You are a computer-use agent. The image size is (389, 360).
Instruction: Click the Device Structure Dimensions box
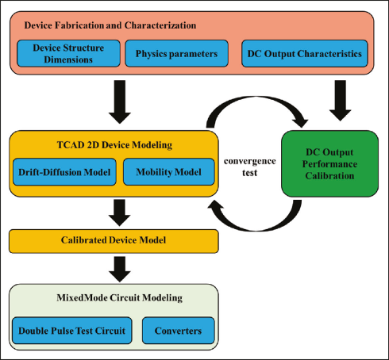[x=68, y=53]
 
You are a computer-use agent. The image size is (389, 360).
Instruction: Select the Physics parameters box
[x=176, y=53]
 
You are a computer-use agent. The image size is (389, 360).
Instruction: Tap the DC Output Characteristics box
[x=305, y=53]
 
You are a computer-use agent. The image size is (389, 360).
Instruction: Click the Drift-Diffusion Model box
[x=64, y=172]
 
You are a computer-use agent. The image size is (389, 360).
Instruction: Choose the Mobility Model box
[x=169, y=172]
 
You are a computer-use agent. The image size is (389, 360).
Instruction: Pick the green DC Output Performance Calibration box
[x=329, y=163]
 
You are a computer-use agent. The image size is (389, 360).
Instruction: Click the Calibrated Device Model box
[x=114, y=241]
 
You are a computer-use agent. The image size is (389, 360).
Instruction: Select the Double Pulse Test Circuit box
[x=72, y=331]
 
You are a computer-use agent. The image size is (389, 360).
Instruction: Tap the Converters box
[x=179, y=331]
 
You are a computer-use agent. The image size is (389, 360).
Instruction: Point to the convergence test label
[x=250, y=167]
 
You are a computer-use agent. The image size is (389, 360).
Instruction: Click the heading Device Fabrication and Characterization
[x=110, y=25]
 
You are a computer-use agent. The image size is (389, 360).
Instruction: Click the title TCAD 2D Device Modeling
[x=114, y=145]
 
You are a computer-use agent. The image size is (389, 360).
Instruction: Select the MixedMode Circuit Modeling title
[x=119, y=298]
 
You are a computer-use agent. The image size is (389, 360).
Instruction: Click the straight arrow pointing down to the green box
[x=340, y=101]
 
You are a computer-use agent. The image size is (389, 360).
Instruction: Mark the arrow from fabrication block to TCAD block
[x=120, y=101]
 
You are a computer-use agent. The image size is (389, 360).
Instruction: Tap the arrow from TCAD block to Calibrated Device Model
[x=120, y=213]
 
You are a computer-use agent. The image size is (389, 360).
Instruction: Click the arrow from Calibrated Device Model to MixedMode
[x=120, y=269]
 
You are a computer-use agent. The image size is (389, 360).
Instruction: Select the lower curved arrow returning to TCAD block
[x=256, y=229]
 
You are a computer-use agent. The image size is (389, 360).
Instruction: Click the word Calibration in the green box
[x=329, y=176]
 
